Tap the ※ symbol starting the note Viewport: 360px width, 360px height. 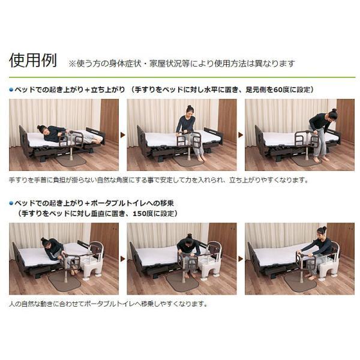73,62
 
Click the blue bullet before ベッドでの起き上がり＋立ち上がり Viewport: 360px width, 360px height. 11,89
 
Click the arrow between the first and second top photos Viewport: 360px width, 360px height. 123,135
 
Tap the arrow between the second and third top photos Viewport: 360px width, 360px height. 241,135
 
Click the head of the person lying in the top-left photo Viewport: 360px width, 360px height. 42,129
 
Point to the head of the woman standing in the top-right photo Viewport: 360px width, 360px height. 332,113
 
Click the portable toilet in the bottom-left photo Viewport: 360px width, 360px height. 93,264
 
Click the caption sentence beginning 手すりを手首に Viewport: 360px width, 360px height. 158,179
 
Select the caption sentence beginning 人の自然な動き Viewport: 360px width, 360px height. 108,303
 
